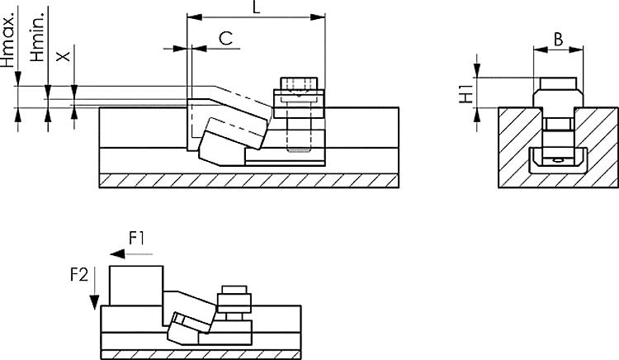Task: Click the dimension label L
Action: click(256, 7)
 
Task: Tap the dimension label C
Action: click(224, 38)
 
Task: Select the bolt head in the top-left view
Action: click(299, 85)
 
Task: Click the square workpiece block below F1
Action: click(136, 286)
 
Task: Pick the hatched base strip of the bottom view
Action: click(203, 353)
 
